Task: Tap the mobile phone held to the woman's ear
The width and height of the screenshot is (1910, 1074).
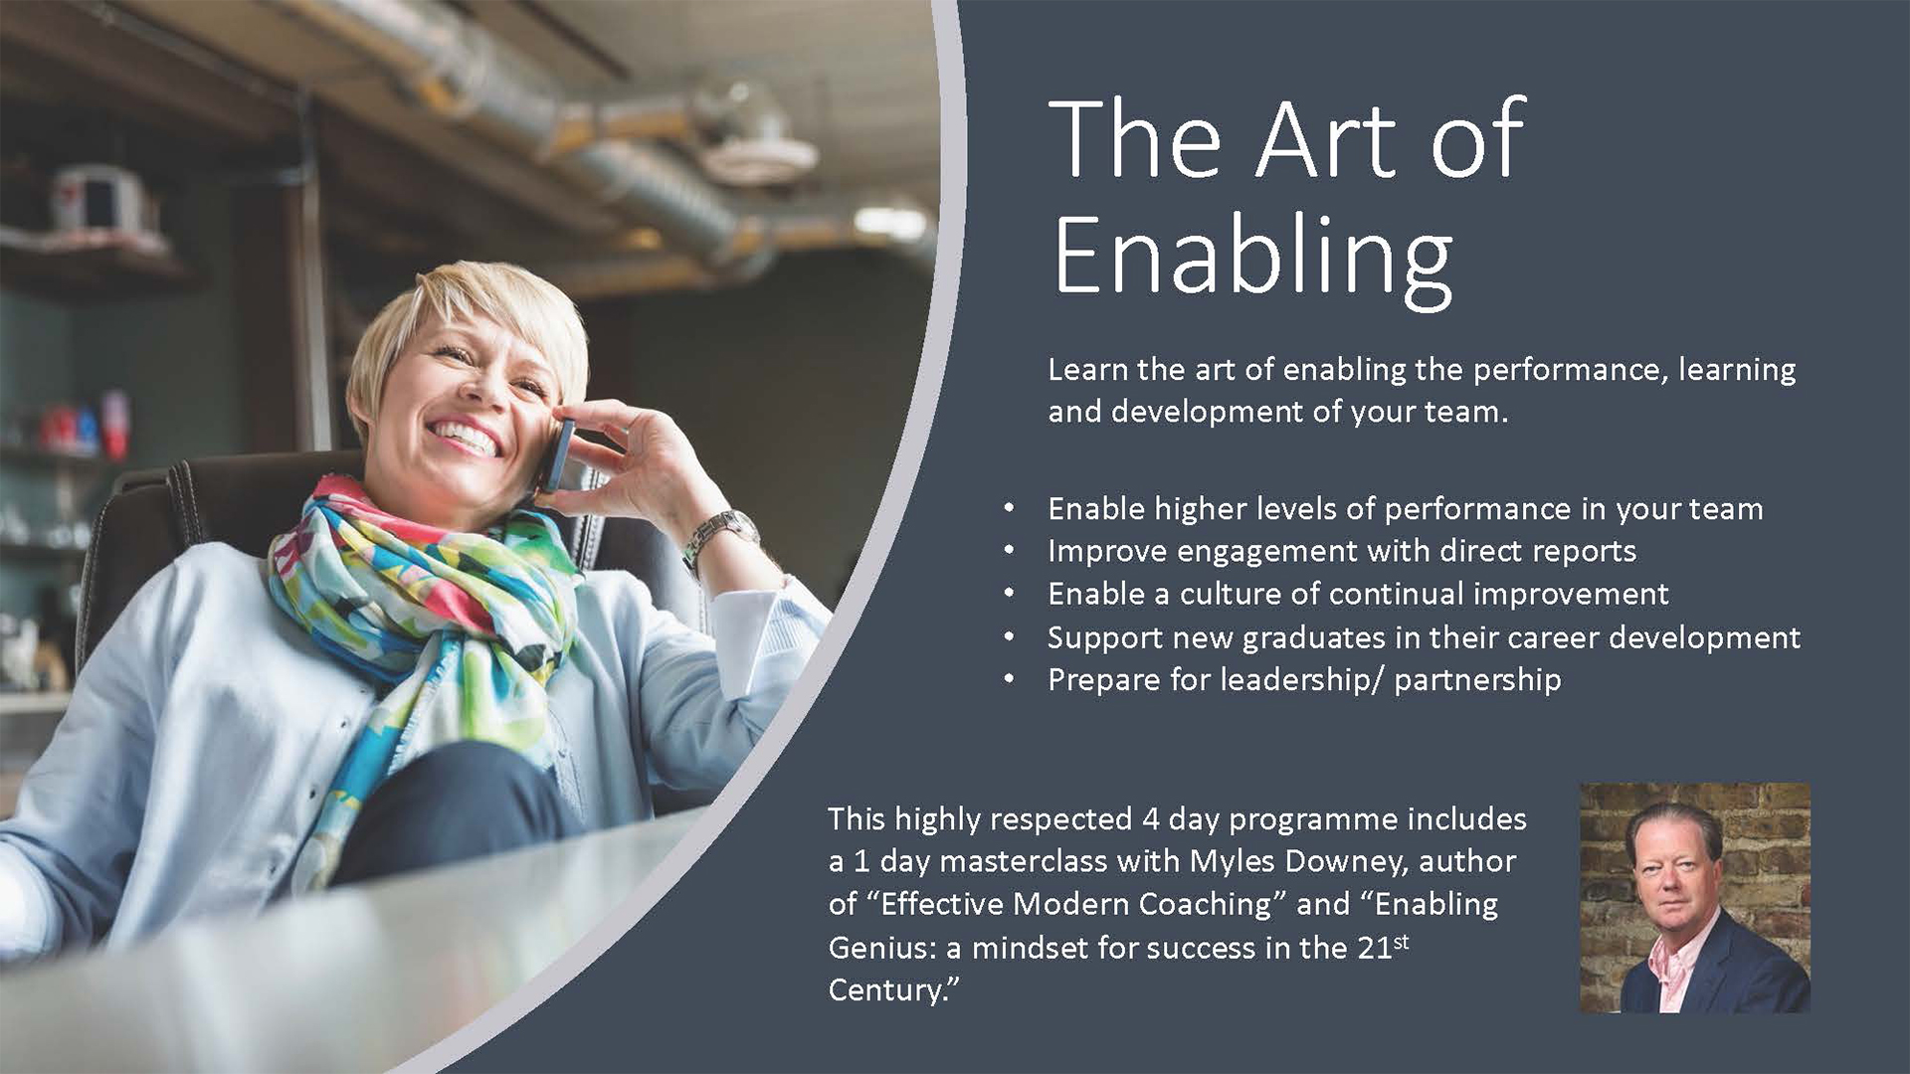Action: [x=558, y=453]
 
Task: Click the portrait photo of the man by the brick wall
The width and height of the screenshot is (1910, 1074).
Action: [x=1695, y=898]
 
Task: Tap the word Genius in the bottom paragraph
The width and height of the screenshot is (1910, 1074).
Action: [x=881, y=949]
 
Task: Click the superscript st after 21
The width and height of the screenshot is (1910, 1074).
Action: [x=1401, y=940]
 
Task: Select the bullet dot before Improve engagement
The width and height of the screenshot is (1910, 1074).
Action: [x=1010, y=550]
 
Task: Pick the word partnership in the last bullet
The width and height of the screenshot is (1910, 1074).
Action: [x=1477, y=680]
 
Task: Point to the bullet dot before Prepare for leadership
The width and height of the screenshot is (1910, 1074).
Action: [x=1010, y=679]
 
